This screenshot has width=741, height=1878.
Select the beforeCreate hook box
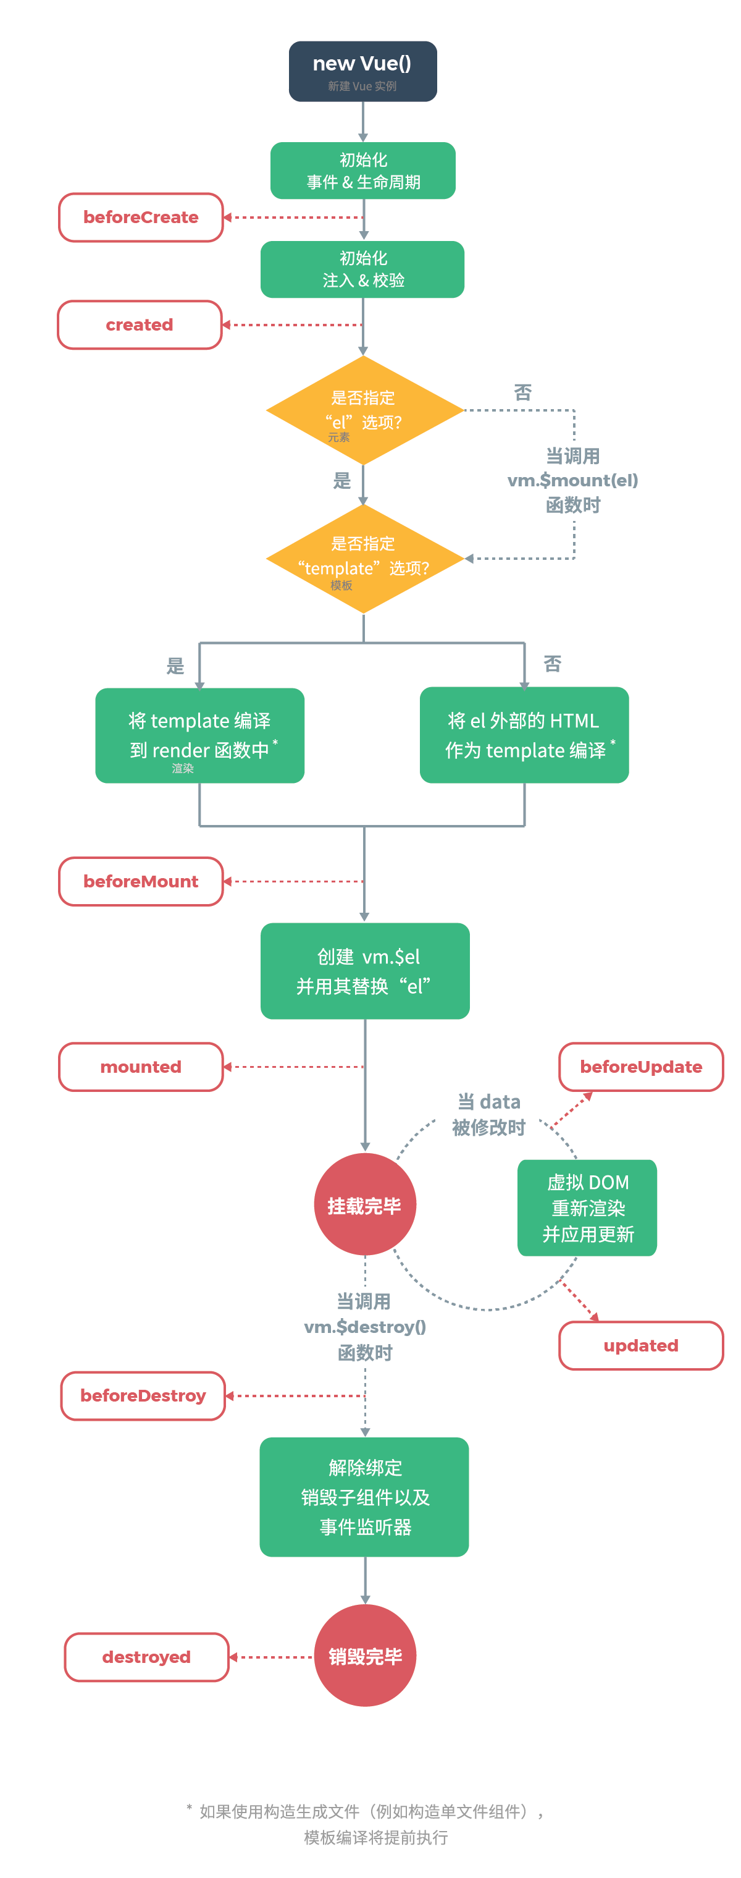141,218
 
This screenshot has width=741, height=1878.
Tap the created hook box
139,324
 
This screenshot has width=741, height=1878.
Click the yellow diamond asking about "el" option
364,410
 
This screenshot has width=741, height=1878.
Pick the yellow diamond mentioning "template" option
364,559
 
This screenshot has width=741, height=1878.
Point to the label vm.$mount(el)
572,480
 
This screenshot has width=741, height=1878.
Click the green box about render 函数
199,735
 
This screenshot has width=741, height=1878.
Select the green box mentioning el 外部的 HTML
524,735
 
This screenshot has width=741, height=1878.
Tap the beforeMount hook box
141,881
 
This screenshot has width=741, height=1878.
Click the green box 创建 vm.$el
365,970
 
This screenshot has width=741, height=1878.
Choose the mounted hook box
141,1067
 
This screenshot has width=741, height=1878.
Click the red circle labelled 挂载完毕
364,1204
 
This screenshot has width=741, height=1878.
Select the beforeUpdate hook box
640,1067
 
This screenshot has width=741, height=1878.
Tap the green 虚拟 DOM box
587,1208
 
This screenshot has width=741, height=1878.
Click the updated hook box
640,1345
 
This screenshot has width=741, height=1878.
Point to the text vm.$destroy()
364,1327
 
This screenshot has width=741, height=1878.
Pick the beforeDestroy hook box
143,1395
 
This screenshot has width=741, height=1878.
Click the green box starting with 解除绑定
364,1497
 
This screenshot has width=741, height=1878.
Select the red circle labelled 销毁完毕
364,1656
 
